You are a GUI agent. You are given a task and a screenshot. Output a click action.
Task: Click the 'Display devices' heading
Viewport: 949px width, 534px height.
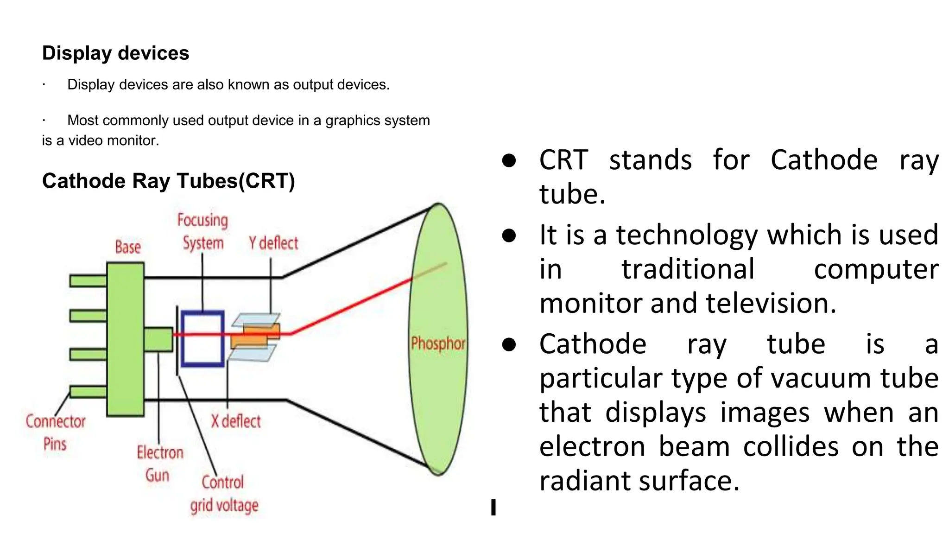click(115, 53)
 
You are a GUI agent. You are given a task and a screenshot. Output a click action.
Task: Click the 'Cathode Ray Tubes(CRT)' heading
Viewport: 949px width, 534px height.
click(168, 181)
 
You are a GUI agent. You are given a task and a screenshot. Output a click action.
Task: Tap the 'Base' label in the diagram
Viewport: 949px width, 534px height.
click(128, 247)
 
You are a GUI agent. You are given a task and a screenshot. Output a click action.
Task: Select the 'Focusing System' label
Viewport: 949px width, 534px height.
click(203, 231)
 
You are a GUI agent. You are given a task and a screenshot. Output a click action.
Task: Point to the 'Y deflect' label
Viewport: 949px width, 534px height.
click(273, 243)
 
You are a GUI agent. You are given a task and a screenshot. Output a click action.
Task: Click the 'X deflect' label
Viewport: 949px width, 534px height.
click(236, 421)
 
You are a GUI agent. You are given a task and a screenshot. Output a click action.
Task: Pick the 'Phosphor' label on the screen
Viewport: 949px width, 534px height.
click(438, 343)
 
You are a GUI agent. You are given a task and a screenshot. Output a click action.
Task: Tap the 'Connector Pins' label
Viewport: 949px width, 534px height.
click(56, 432)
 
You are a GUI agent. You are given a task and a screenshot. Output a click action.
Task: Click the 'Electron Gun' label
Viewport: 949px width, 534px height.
click(160, 464)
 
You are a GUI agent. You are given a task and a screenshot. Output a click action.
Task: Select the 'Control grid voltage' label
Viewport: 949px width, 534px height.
click(224, 494)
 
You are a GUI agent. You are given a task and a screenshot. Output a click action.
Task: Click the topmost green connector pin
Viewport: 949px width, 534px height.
click(88, 280)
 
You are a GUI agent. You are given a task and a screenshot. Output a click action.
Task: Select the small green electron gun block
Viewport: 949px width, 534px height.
click(158, 339)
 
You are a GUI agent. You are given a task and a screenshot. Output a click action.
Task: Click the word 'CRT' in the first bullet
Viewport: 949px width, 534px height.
click(563, 160)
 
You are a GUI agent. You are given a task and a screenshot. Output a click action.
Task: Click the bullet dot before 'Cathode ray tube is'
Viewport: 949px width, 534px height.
click(509, 344)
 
